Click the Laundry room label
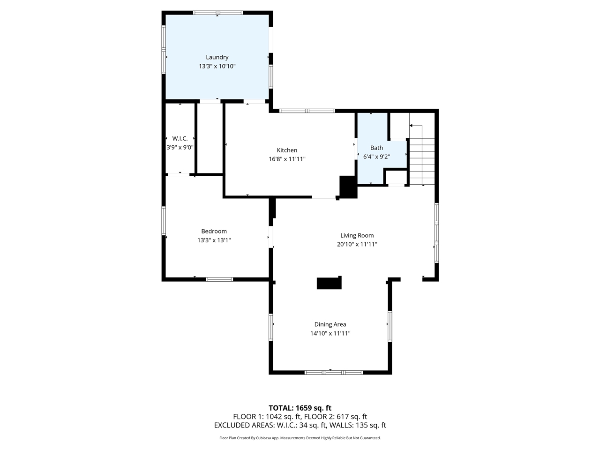(x=217, y=57)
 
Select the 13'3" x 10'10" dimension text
(x=217, y=67)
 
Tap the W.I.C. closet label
(x=180, y=138)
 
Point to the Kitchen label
(x=287, y=150)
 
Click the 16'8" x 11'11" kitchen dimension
(x=287, y=159)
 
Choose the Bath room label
(x=376, y=148)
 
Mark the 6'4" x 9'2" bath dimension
(x=376, y=157)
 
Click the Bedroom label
(x=214, y=231)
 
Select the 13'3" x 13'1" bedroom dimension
(x=214, y=240)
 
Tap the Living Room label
(x=357, y=235)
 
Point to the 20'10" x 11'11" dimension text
(x=357, y=244)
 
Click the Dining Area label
(x=330, y=324)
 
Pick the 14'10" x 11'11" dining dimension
(x=330, y=333)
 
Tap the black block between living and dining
(x=329, y=283)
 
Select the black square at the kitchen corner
(x=348, y=187)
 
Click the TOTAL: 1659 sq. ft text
(x=300, y=408)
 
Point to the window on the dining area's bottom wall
(x=333, y=372)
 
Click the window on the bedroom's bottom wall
(x=219, y=279)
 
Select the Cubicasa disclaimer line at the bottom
(x=300, y=438)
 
